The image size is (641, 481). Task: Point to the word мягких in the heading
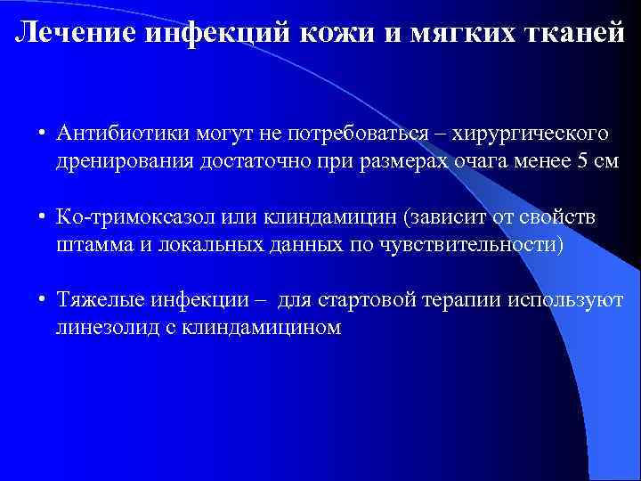point(454,33)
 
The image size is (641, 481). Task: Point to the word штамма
point(86,246)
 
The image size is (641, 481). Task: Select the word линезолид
point(98,329)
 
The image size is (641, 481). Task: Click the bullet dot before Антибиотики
point(42,135)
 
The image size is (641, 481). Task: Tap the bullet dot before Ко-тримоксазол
point(42,217)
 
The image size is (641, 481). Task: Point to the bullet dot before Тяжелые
point(42,300)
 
